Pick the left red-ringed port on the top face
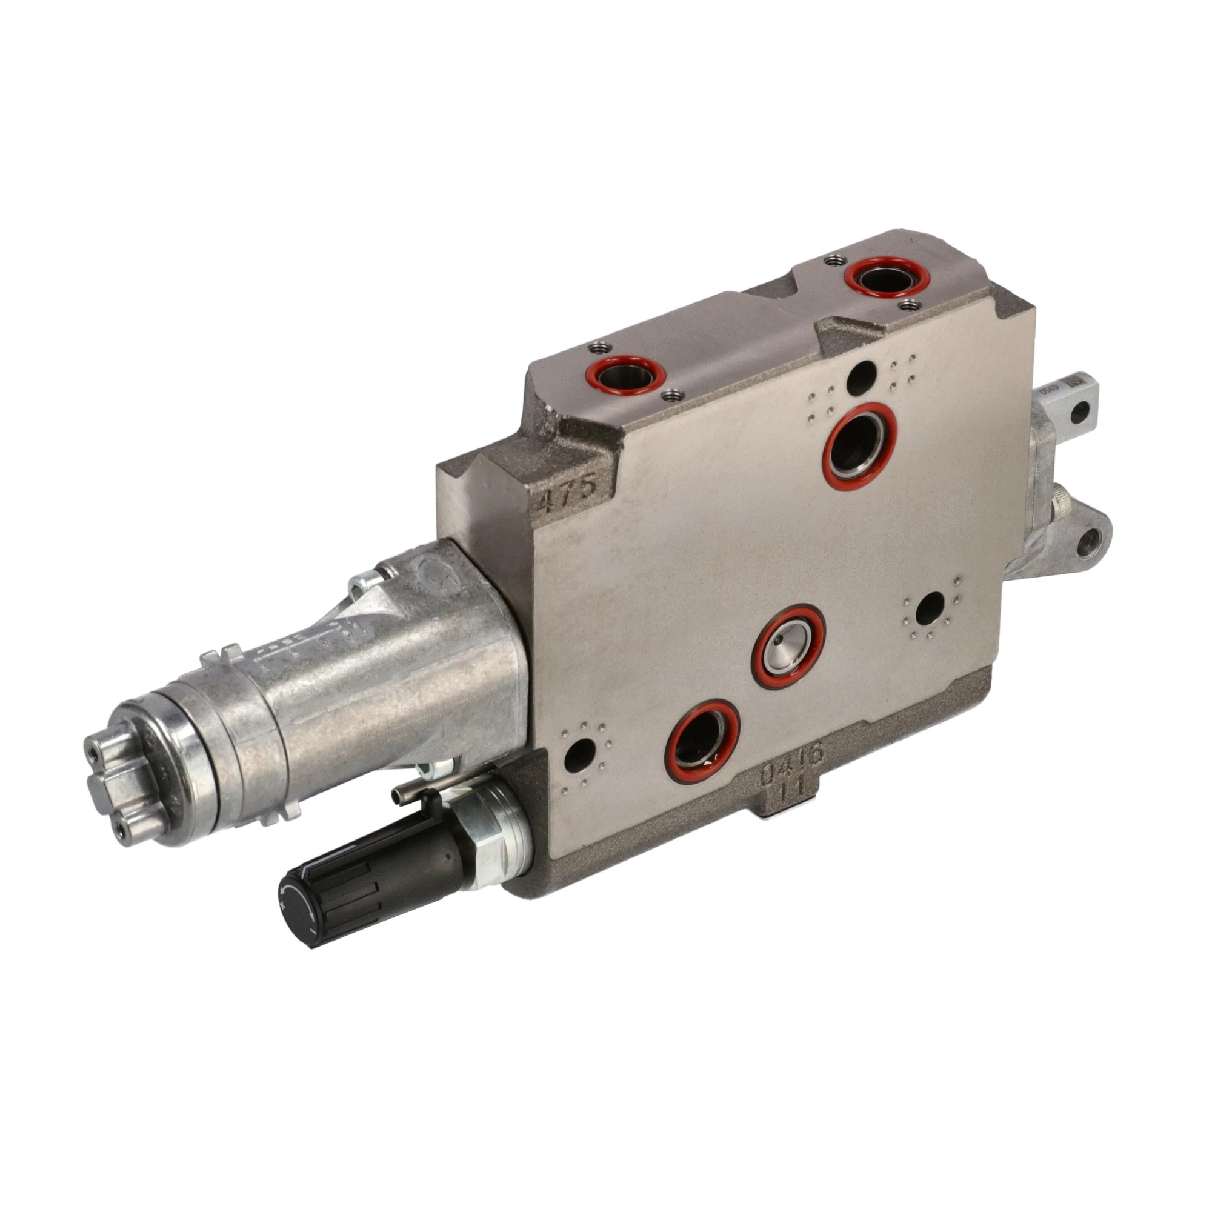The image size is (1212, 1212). (x=624, y=375)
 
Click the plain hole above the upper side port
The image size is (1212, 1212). (x=861, y=376)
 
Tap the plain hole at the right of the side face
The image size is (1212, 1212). (x=930, y=607)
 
